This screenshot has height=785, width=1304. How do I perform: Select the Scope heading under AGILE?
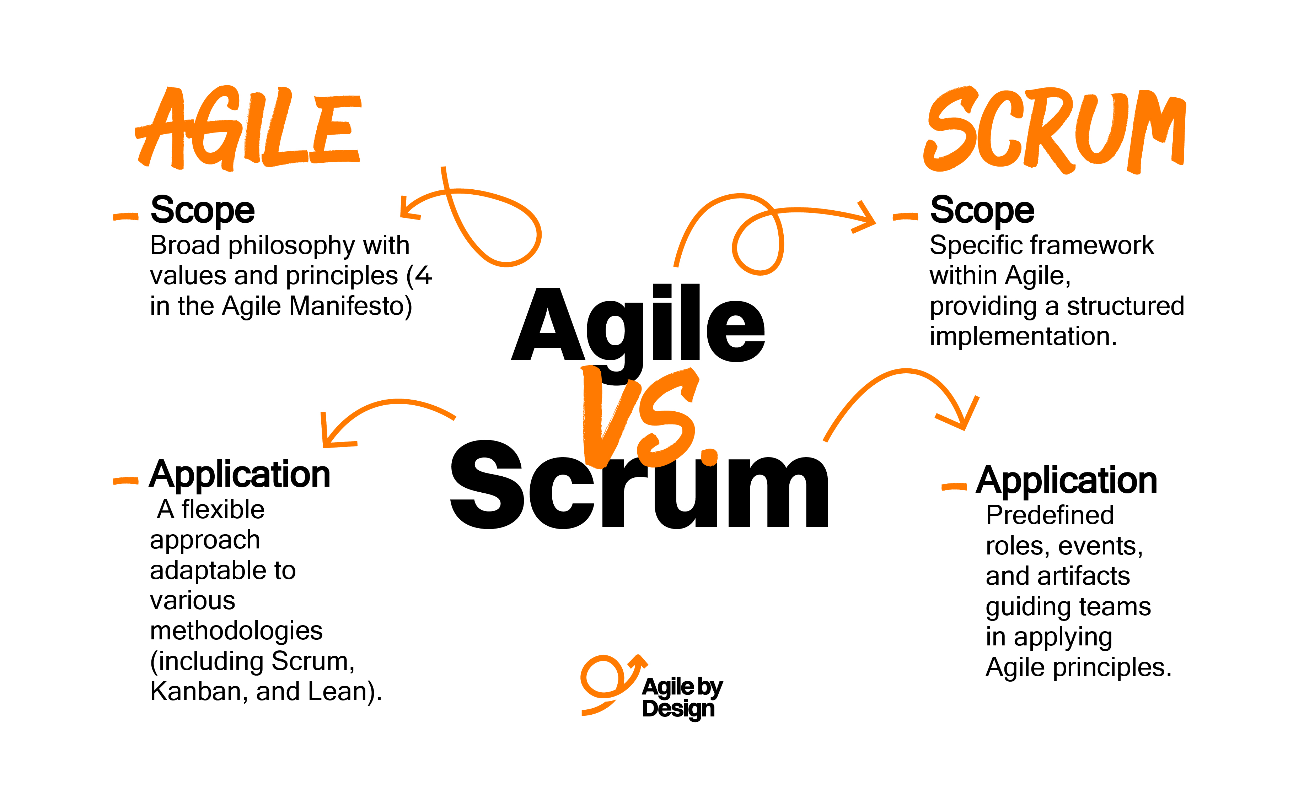[202, 211]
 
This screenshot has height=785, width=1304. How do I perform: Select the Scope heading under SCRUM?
[982, 211]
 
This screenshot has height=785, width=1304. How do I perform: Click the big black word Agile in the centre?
[638, 325]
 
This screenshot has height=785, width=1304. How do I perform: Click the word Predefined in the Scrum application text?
[1050, 515]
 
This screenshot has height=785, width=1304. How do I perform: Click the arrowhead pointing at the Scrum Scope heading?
[866, 217]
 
